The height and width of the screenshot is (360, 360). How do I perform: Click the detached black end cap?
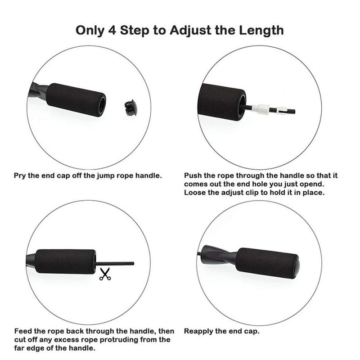pos(130,107)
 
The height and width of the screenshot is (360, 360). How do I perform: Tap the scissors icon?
pos(105,274)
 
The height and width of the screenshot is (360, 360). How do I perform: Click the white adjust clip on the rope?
pos(261,109)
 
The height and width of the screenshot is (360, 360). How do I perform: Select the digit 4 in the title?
pos(112,30)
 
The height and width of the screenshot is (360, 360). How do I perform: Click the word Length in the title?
pos(261,30)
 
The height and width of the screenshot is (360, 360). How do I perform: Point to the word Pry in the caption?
pos(20,176)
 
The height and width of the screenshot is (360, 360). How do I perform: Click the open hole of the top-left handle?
pos(102,105)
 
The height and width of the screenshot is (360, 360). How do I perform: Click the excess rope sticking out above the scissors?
pos(114,264)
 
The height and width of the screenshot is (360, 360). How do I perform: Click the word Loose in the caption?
pos(195,193)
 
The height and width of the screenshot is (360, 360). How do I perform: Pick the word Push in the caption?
pos(193,175)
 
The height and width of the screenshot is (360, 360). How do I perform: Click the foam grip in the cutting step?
pos(66,261)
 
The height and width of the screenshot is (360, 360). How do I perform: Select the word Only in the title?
pos(90,31)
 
